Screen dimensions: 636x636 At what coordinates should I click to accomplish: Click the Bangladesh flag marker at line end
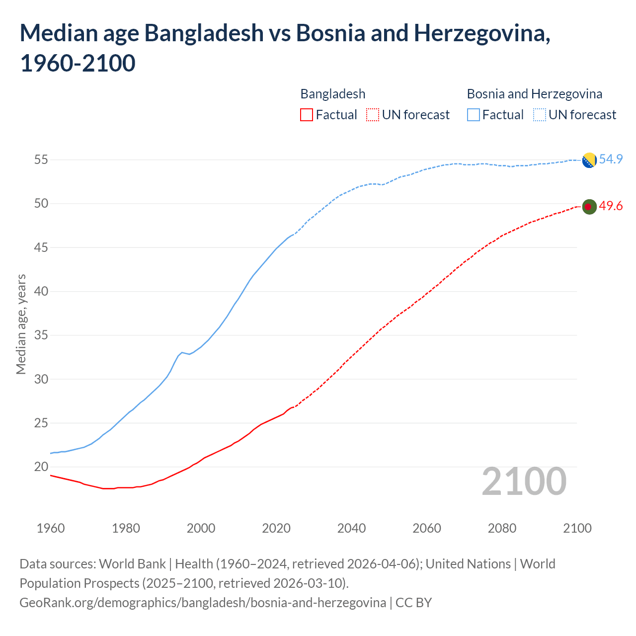point(589,207)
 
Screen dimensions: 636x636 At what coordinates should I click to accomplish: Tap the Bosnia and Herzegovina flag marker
point(589,160)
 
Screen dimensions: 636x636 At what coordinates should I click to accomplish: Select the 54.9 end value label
point(611,159)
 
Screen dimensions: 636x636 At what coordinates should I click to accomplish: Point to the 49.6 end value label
point(611,206)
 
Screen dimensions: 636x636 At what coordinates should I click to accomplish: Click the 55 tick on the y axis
point(41,160)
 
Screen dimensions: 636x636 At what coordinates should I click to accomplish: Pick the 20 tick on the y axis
point(41,467)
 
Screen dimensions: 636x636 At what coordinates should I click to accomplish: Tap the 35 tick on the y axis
point(41,335)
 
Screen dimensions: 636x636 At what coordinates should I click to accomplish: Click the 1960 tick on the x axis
point(51,528)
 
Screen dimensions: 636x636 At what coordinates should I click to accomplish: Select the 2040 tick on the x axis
point(351,528)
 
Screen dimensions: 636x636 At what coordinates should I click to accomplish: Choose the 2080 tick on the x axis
point(502,528)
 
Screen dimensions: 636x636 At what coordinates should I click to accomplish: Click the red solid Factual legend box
point(307,115)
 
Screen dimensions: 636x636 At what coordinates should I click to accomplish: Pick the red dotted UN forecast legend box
point(373,115)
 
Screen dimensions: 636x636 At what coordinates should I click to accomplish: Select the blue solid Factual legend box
point(474,115)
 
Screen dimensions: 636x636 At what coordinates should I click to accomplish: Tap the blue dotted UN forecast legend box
point(540,115)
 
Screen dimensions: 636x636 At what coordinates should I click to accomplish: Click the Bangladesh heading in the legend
point(332,94)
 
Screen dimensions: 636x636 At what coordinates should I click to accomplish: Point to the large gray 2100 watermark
point(524,481)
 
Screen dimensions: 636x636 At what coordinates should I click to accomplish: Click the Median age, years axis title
point(21,324)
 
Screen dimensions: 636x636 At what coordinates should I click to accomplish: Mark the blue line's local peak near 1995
point(182,352)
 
